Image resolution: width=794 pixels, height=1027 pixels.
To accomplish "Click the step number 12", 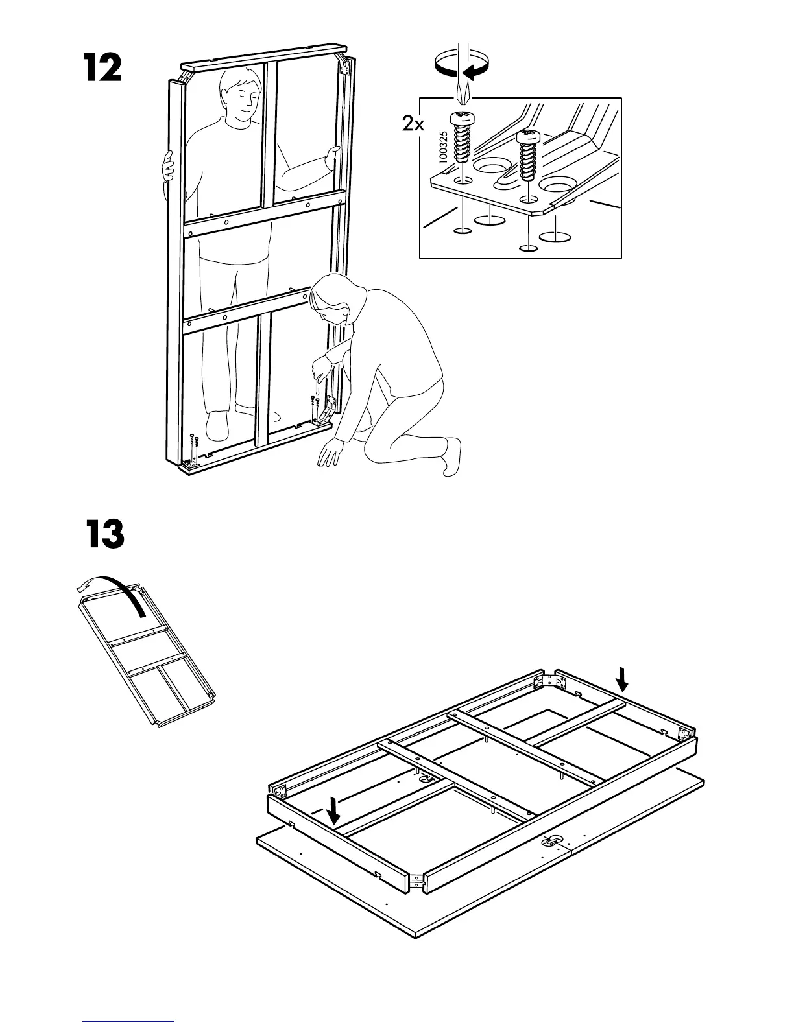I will click(102, 68).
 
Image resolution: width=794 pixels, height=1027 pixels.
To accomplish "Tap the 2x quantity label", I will click(413, 123).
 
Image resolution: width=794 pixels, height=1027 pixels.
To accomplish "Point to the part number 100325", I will click(444, 151).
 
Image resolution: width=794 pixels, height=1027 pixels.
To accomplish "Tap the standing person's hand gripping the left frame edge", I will click(169, 167).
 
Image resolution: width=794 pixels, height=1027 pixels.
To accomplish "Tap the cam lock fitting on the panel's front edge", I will click(553, 842).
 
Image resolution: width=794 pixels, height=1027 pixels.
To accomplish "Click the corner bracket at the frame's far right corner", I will click(682, 734).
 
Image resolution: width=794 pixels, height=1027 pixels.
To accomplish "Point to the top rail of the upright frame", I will click(265, 56).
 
